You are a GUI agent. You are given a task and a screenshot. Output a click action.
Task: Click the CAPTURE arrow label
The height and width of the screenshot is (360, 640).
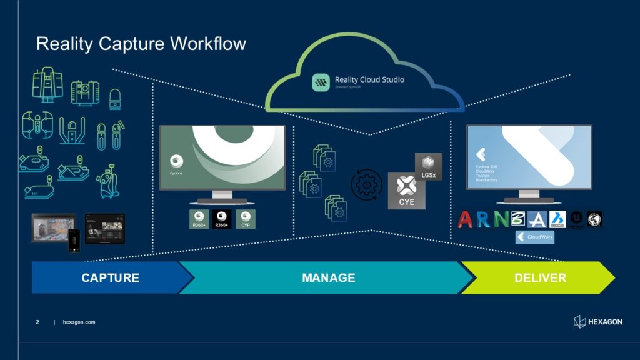[x=110, y=277]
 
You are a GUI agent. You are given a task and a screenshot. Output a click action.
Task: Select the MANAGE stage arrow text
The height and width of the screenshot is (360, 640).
[x=328, y=277]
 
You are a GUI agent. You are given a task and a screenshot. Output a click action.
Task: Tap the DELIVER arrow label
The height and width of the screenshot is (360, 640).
[x=540, y=277]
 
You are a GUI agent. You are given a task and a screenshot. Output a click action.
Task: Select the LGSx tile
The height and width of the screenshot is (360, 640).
[x=428, y=166]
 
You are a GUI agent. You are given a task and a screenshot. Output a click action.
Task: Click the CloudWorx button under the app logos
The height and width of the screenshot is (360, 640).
[x=534, y=237]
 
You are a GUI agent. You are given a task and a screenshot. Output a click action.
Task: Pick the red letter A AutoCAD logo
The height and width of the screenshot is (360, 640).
[x=466, y=219]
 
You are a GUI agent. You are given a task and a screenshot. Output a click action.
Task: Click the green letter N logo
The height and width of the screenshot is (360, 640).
[x=501, y=219]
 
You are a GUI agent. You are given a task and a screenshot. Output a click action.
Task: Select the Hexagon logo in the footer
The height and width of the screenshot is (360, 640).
[x=597, y=321]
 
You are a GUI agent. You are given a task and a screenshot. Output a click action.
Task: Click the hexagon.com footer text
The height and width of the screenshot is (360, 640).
[x=79, y=322]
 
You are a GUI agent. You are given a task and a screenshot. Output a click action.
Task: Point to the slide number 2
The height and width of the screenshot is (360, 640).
[x=37, y=322]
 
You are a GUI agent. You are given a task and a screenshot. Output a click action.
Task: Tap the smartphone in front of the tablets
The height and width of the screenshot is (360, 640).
[x=74, y=241]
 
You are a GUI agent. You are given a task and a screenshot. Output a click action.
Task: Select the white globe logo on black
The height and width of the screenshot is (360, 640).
[x=594, y=219]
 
